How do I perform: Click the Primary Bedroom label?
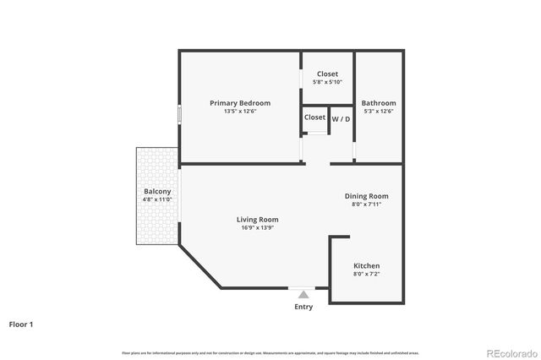[240, 103]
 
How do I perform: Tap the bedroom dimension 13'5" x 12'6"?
[240, 112]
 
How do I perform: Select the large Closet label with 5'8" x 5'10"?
[326, 74]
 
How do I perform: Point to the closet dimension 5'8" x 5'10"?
[326, 82]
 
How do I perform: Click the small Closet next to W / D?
[314, 117]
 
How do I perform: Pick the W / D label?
[341, 118]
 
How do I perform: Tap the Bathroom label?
[378, 103]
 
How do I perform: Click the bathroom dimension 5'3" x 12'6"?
[378, 112]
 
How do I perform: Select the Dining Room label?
[366, 196]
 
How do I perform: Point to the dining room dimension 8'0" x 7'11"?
[366, 205]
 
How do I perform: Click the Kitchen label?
[366, 265]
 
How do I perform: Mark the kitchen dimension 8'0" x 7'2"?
[366, 274]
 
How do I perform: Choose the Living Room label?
[257, 219]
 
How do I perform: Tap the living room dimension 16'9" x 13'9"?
[257, 227]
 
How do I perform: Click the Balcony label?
[157, 192]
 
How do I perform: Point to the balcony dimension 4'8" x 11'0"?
[157, 200]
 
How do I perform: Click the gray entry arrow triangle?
[303, 294]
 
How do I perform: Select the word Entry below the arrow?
[303, 307]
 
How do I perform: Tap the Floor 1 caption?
[21, 324]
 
